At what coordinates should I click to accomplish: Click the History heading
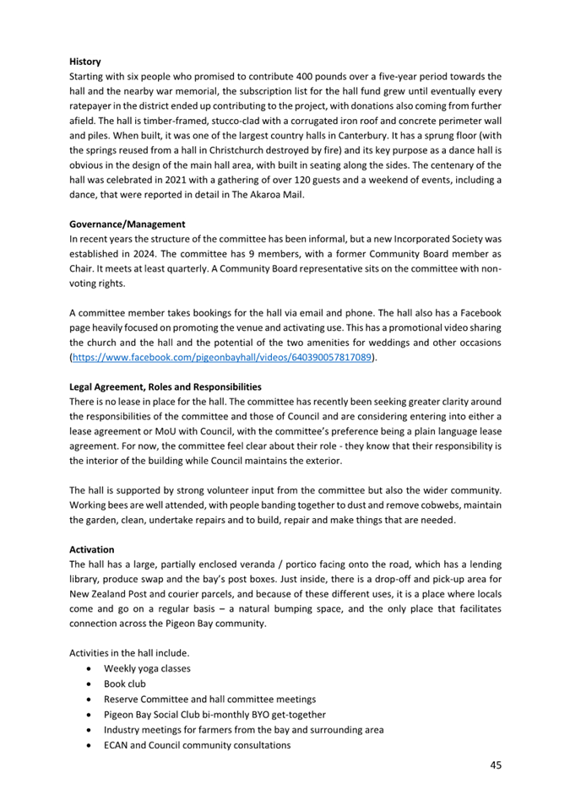85,62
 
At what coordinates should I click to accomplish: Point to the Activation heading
91,548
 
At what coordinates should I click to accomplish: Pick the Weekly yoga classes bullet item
146,668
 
